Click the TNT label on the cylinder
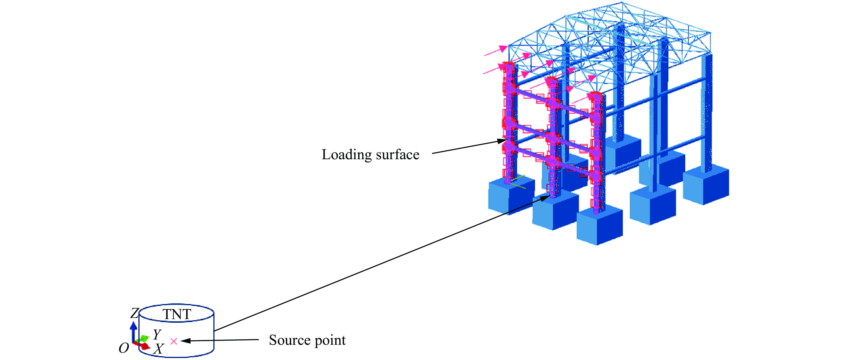pyautogui.click(x=177, y=314)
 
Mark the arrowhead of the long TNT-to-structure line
pyautogui.click(x=545, y=198)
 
